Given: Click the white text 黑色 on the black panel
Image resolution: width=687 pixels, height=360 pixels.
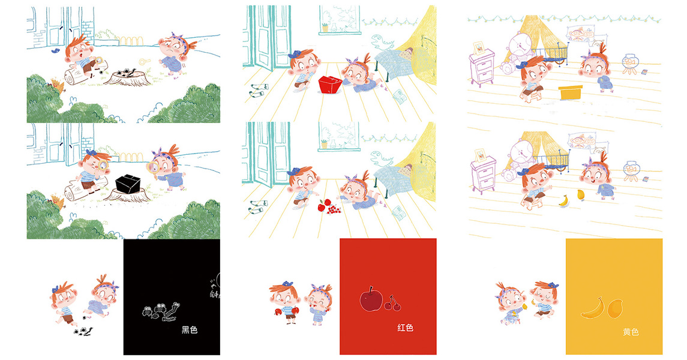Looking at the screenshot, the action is (x=189, y=330).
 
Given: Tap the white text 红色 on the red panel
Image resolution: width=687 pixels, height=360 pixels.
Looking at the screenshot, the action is (x=405, y=328).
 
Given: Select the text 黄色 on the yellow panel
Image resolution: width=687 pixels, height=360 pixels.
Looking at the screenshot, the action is (x=631, y=332).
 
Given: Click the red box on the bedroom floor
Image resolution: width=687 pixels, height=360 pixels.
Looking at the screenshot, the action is (x=329, y=85).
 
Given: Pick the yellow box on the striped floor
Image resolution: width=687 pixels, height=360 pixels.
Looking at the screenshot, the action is (x=571, y=92).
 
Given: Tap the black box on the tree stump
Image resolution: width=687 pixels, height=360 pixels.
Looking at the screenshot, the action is (x=128, y=184).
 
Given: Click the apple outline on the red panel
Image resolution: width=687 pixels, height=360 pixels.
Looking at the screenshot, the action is (x=371, y=299).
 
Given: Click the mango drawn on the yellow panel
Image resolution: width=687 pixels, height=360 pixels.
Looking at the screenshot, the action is (x=615, y=308).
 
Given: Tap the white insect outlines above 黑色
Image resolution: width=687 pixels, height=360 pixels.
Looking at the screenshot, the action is (x=161, y=311).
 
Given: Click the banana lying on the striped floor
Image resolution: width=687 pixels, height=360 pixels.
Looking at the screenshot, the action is (x=564, y=200).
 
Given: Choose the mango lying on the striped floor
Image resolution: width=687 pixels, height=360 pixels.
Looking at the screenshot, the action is (x=581, y=194).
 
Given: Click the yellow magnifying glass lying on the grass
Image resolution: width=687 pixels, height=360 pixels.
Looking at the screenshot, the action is (x=145, y=62).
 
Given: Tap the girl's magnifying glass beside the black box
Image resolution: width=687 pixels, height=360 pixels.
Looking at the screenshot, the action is (x=154, y=167).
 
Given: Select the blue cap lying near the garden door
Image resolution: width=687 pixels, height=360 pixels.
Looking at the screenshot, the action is (x=55, y=51).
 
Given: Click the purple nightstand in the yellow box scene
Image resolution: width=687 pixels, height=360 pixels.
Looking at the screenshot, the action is (x=482, y=67).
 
